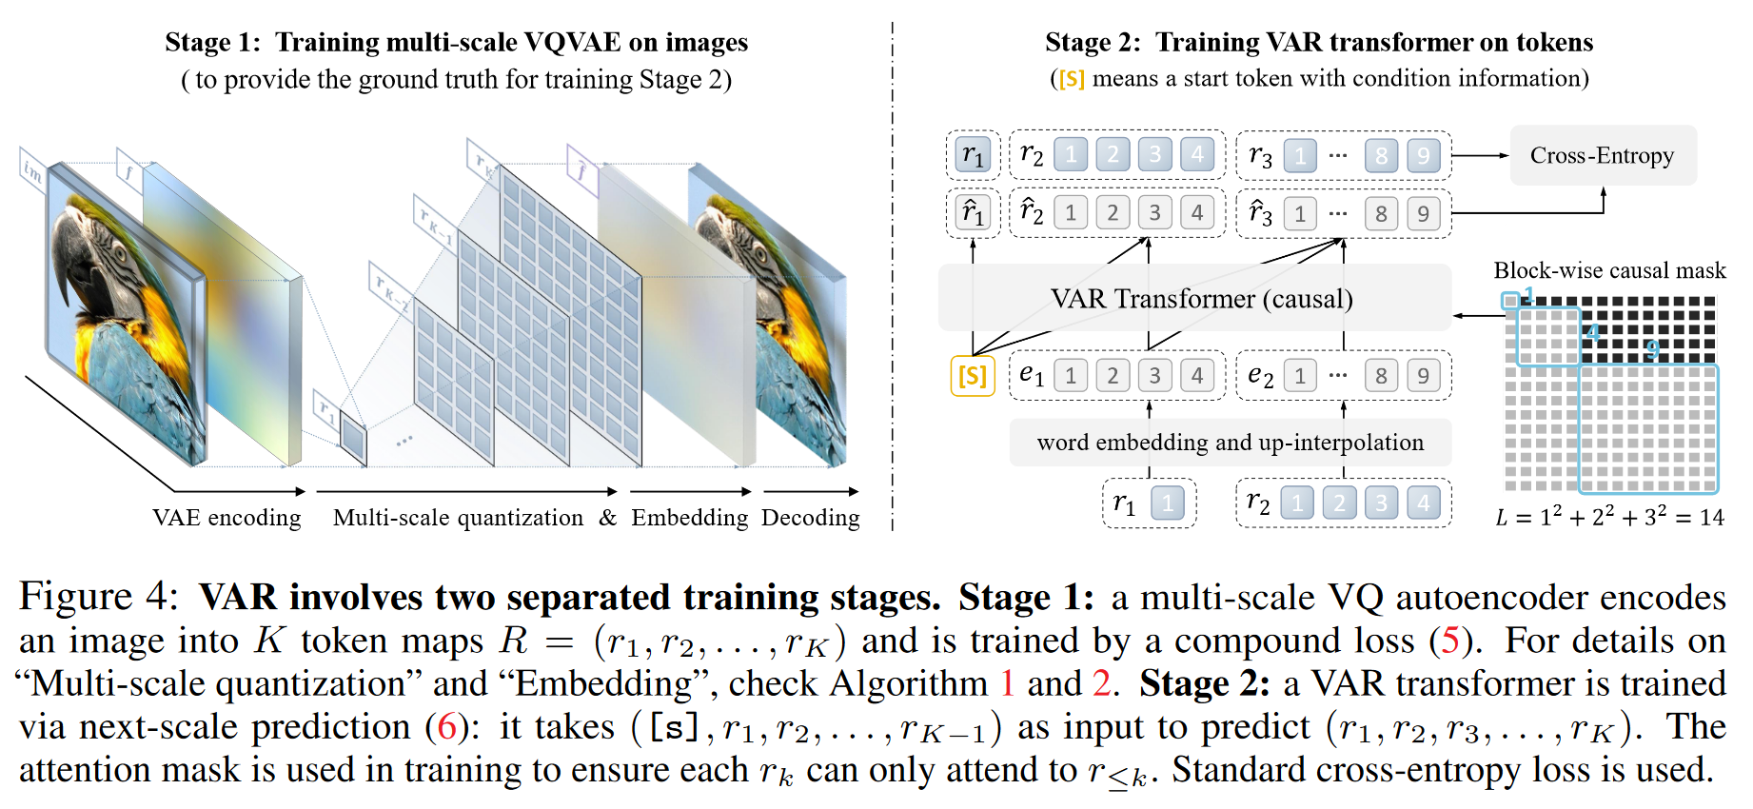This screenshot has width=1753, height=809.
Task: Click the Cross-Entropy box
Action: coord(1602,155)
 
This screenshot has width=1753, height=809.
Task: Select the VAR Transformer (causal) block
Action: coord(1201,299)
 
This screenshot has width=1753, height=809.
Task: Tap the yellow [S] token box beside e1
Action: coord(972,376)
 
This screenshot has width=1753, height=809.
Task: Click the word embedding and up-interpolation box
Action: coord(1230,443)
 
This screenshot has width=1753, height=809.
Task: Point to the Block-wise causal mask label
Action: coord(1608,270)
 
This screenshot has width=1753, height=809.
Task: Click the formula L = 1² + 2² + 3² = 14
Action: coord(1608,517)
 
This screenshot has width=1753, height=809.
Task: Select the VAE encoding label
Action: coord(227,518)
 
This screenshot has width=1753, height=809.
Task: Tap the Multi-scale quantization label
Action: coord(458,518)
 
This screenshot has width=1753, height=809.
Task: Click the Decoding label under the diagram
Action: coord(810,518)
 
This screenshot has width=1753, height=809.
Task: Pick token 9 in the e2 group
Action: coord(1423,376)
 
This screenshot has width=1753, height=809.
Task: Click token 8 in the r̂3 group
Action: coord(1381,213)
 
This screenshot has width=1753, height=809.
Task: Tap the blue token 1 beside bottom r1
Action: coord(1167,503)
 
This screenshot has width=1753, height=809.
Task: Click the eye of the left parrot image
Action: coord(120,255)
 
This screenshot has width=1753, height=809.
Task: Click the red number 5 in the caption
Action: coord(1449,641)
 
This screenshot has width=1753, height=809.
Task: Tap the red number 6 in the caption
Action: coord(446,727)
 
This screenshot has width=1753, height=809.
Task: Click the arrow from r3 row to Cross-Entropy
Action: coord(1481,155)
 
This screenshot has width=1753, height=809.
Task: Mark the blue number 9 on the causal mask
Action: coord(1652,349)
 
